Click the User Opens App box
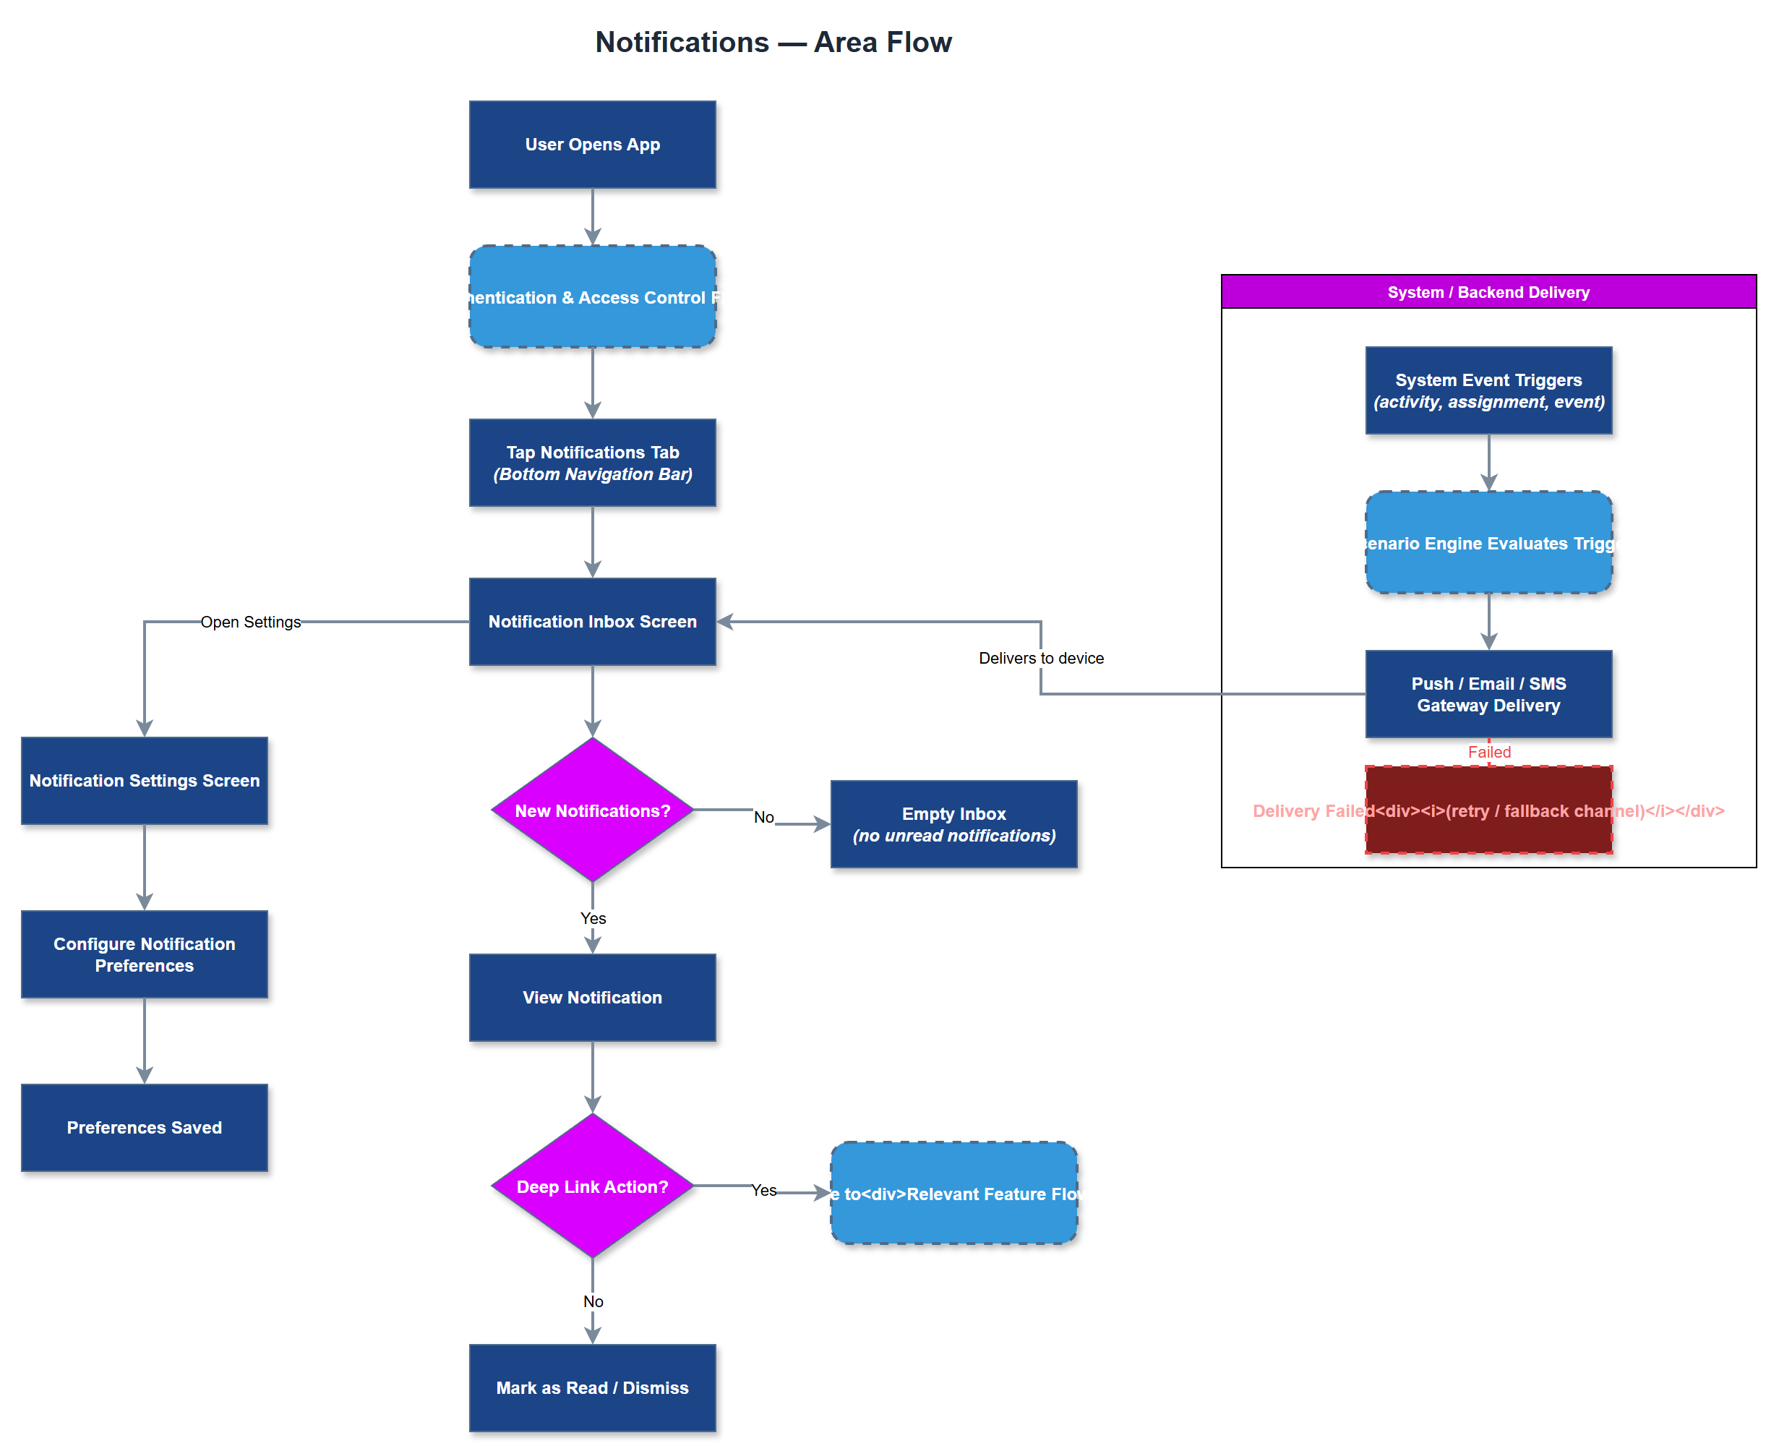click(592, 145)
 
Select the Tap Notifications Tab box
click(592, 462)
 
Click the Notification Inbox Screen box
click(592, 621)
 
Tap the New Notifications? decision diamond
click(592, 810)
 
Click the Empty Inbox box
click(953, 823)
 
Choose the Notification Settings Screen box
click(144, 780)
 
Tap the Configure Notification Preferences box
click(144, 954)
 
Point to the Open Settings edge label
click(250, 622)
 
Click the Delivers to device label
click(1040, 658)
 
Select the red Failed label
click(1488, 751)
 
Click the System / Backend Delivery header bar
click(1488, 291)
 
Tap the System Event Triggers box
click(1488, 390)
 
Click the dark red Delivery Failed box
click(1488, 828)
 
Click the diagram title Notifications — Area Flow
click(772, 42)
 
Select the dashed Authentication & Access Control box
click(592, 296)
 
